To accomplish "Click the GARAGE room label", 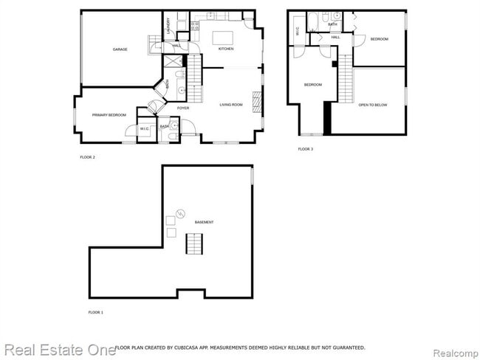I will pos(120,49).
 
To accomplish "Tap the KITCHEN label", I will pos(226,49).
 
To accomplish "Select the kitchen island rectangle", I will pos(222,37).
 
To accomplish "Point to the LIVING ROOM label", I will pos(231,105).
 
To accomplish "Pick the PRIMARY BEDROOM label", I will pos(109,115).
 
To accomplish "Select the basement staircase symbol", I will pos(193,243).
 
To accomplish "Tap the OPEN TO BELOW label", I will pos(373,105).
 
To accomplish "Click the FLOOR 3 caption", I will pos(306,149).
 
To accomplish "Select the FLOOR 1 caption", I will pos(95,313).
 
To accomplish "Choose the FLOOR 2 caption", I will pos(87,157).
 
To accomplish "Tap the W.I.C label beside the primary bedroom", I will pos(144,130).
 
